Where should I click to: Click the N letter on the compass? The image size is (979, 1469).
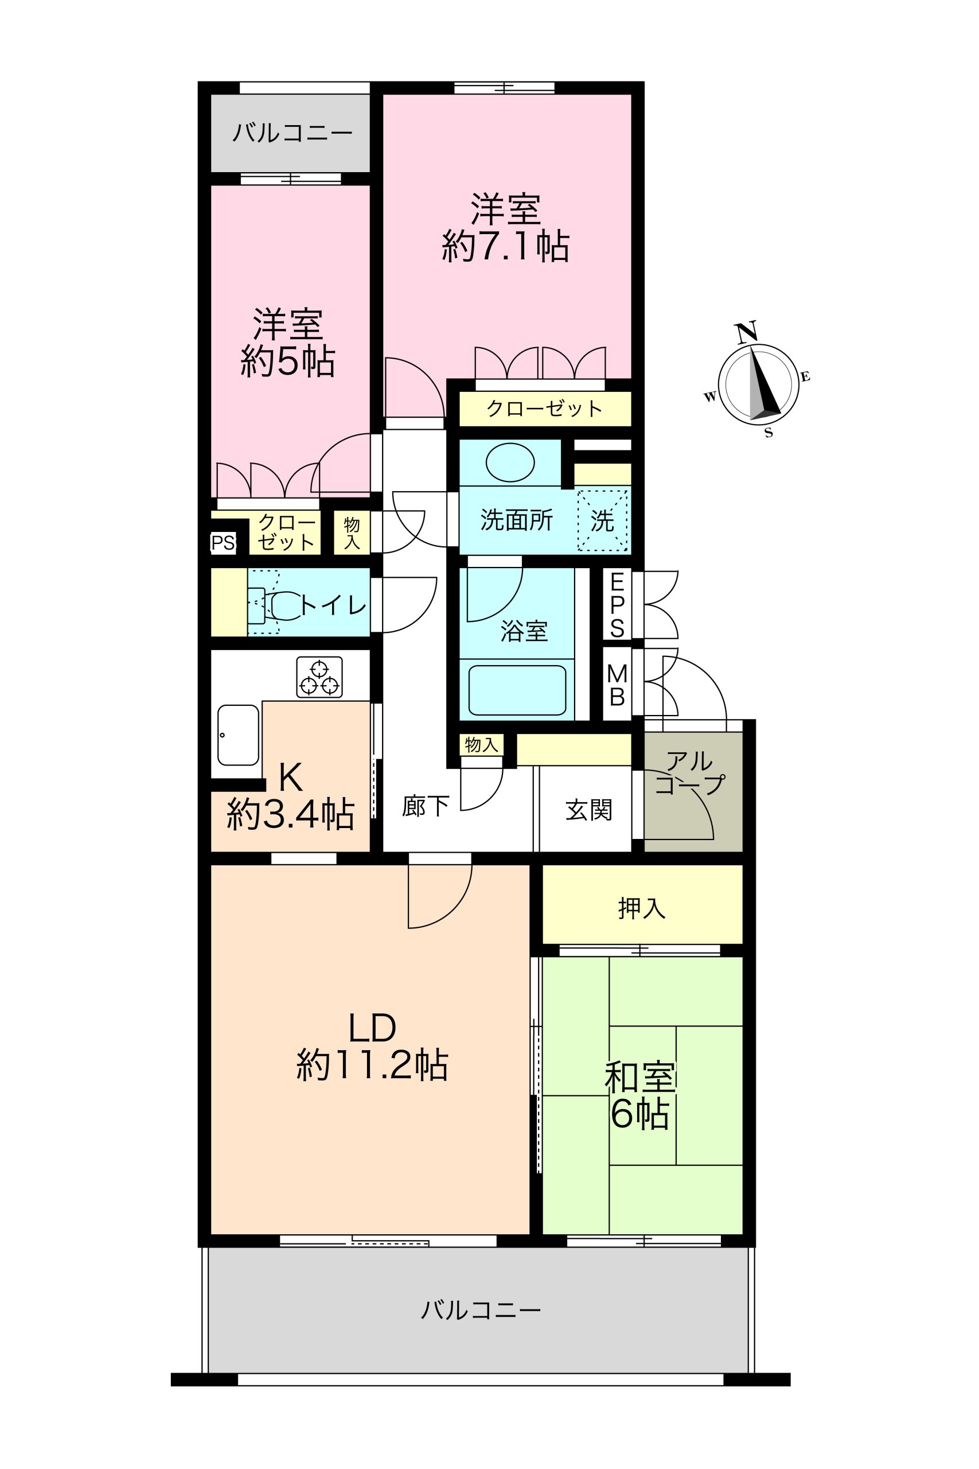point(746,332)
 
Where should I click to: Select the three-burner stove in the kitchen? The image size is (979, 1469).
point(319,677)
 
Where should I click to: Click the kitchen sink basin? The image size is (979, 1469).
point(238,734)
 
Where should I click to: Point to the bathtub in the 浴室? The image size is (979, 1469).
point(517,690)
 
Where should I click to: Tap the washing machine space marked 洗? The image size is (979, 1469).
point(603,521)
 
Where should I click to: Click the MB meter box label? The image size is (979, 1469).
point(617,685)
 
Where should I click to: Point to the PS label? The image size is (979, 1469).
point(223,543)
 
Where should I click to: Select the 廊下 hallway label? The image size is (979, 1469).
point(426,806)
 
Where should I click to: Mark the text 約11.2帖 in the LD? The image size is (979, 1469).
point(372,1066)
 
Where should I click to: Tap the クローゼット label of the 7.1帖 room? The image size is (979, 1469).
point(544,409)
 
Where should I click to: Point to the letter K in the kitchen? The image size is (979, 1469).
point(290,777)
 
